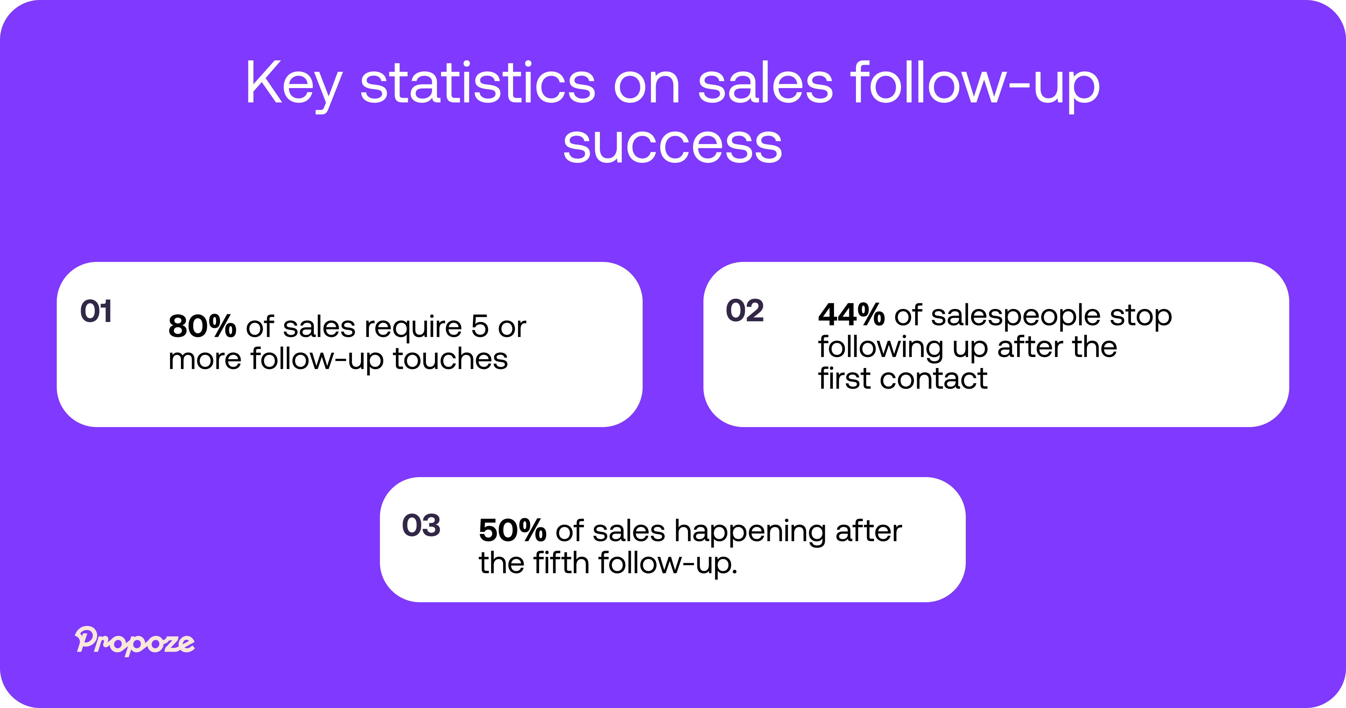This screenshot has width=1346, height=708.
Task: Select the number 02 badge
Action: tap(744, 311)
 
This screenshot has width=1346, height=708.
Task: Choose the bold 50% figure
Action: tap(512, 531)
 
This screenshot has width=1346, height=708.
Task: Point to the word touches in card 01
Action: tap(450, 359)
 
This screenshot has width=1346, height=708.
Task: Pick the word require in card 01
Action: tap(413, 328)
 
